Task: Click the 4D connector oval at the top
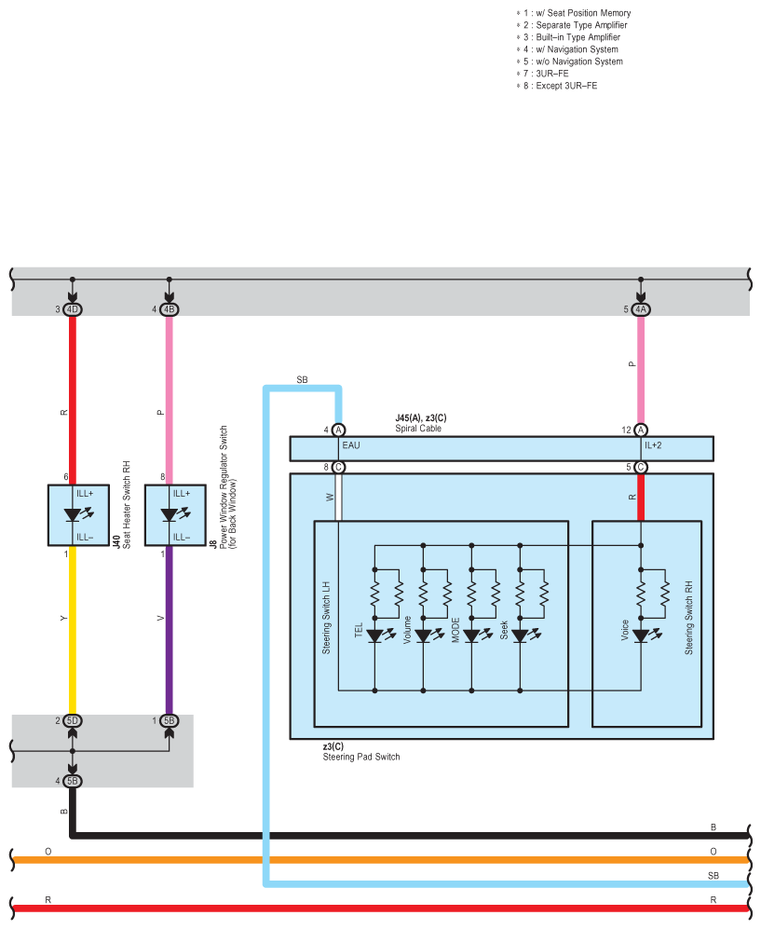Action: tap(73, 309)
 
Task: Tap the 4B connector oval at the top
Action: tap(169, 309)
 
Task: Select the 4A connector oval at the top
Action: tap(641, 309)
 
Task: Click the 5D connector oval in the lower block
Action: tap(73, 721)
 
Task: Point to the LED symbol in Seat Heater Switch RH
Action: tap(77, 514)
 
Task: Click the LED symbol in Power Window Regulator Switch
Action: tap(175, 514)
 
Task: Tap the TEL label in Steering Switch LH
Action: tap(359, 630)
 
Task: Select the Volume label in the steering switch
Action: tap(407, 630)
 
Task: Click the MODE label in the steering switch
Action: tap(455, 630)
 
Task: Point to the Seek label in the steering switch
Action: tap(504, 630)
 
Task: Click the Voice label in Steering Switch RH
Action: tap(625, 630)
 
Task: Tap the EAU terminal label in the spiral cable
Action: tap(351, 445)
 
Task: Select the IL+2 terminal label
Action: tap(653, 445)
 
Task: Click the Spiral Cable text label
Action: tap(418, 429)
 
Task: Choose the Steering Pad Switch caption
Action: tap(361, 757)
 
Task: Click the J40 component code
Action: tap(116, 541)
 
